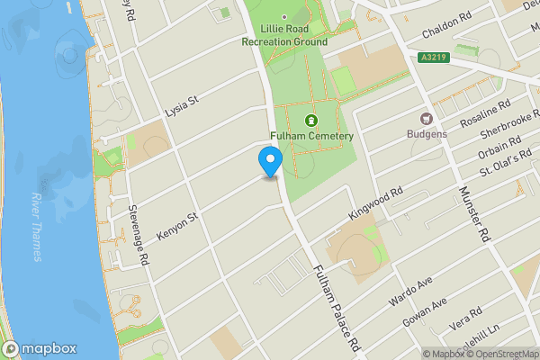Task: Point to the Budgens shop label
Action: tap(427, 134)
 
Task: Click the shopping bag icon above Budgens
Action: tap(427, 118)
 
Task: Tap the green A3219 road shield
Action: tap(434, 58)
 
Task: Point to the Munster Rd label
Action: tap(472, 213)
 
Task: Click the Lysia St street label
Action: tap(181, 108)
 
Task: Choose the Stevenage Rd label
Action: tap(137, 235)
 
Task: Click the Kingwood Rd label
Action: tap(373, 204)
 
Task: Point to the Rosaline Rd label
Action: tap(484, 114)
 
